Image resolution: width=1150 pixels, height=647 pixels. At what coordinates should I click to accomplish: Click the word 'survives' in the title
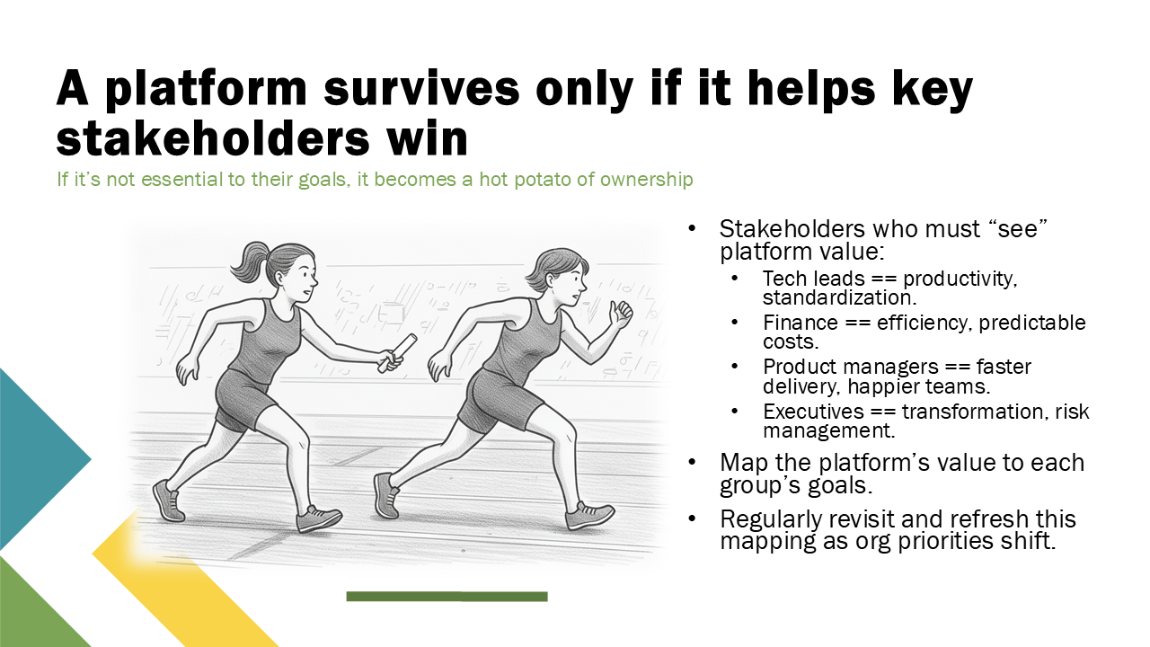(421, 88)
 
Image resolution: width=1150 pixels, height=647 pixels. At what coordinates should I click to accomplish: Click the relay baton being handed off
(397, 352)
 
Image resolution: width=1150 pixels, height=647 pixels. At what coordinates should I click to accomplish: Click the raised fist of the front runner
(621, 314)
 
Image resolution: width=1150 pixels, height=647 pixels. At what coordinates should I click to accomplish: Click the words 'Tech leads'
(814, 279)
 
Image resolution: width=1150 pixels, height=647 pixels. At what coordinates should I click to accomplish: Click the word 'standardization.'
(840, 297)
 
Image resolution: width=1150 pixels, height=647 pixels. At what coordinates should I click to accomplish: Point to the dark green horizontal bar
(447, 596)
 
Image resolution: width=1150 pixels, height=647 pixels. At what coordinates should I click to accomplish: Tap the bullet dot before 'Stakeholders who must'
(692, 229)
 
